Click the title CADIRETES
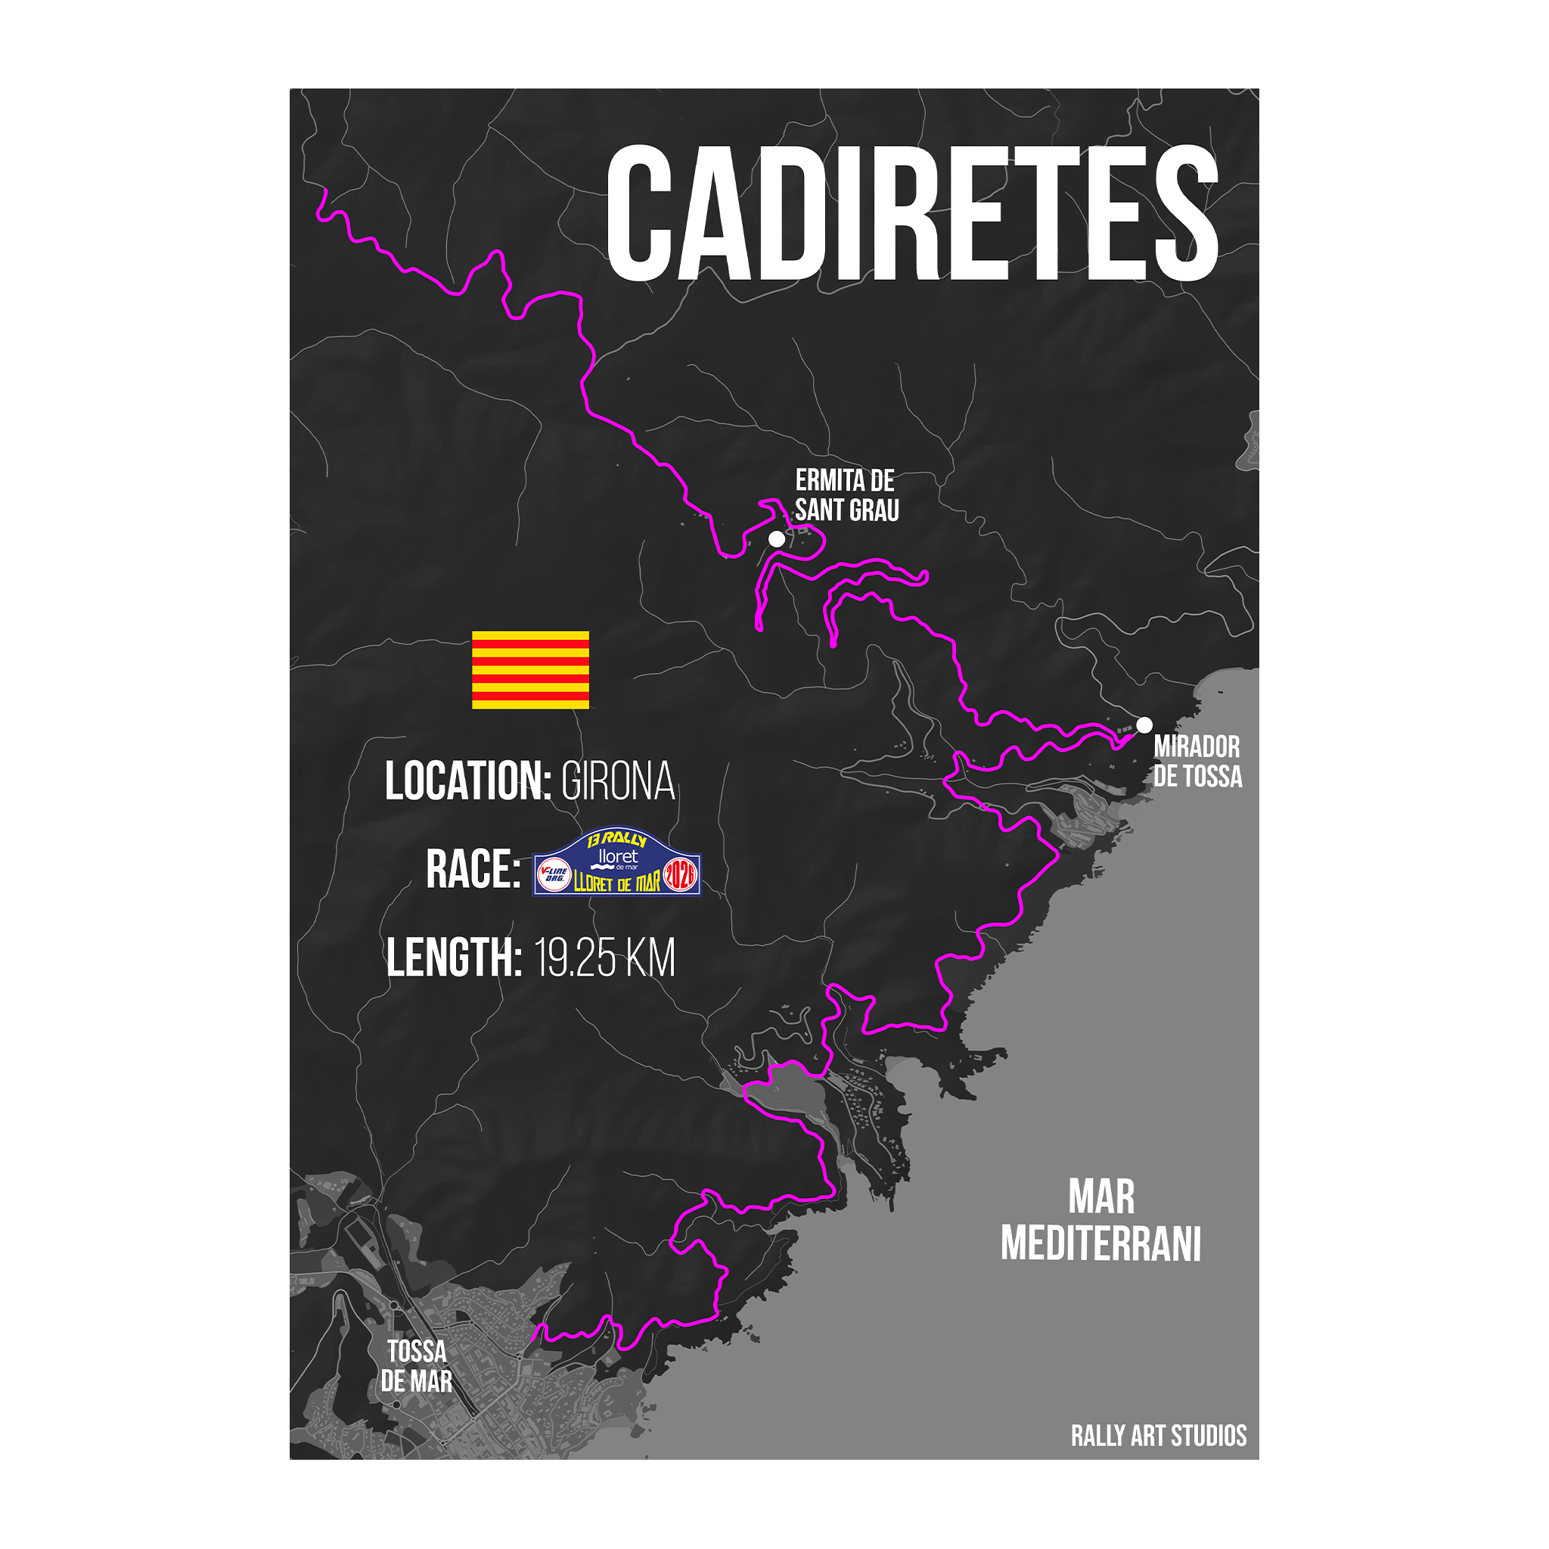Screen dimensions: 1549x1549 coord(911,213)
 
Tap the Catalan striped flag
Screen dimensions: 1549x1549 coord(530,670)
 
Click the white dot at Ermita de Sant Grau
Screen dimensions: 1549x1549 coord(776,539)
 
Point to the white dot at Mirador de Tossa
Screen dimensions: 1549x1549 coord(1144,725)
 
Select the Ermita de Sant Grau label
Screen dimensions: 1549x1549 coord(846,495)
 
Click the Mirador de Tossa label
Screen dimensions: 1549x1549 coord(1197,762)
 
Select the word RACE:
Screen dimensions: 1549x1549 coord(473,870)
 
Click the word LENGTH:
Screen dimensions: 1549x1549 coord(454,958)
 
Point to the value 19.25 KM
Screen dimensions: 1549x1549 coord(604,958)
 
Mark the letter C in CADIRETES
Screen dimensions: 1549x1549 coord(639,213)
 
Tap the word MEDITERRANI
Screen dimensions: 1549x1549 coord(1100,1244)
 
